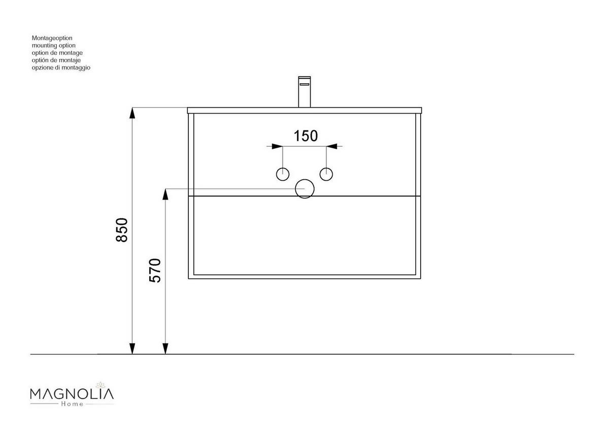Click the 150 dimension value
[x=306, y=136]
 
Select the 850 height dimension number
[x=122, y=230]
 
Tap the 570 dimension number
[x=155, y=270]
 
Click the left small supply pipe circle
[x=283, y=174]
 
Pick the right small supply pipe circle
[x=326, y=174]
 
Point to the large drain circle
[x=305, y=189]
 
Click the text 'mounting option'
[x=53, y=45]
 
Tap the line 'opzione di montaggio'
[x=61, y=68]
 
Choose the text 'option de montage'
[x=57, y=53]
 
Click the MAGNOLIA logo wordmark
[x=72, y=394]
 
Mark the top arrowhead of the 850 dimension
[x=132, y=113]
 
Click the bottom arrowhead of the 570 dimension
[x=165, y=348]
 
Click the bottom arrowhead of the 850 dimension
[x=132, y=348]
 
